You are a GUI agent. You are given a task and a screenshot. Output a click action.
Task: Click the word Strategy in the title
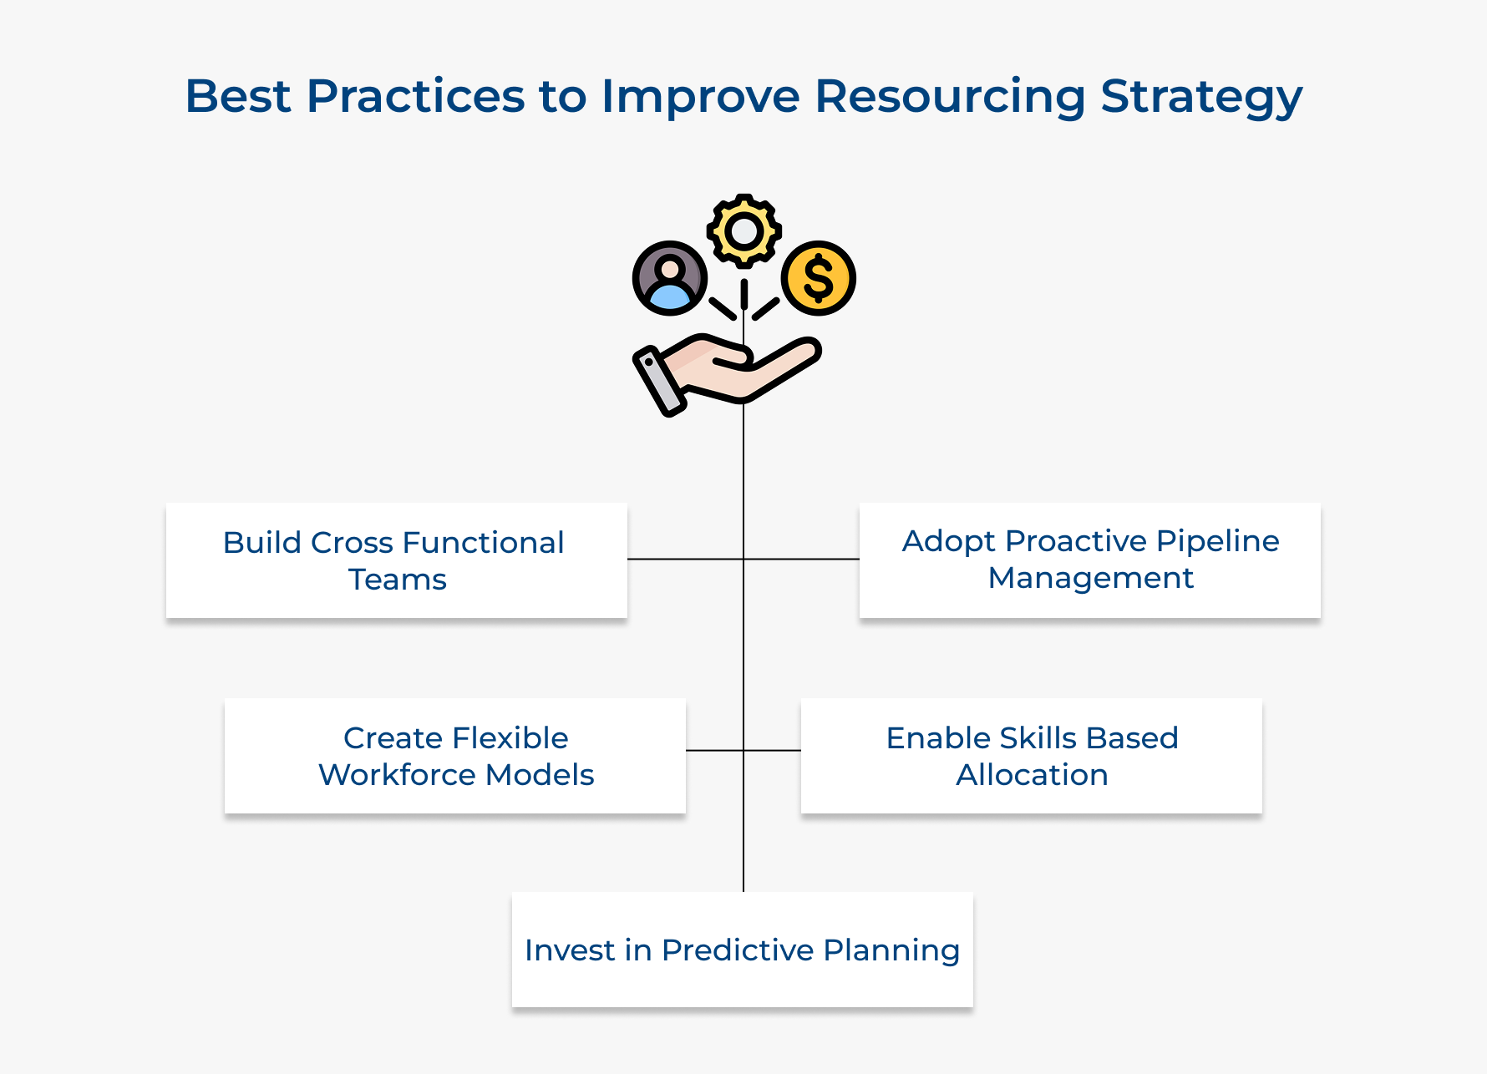(1200, 96)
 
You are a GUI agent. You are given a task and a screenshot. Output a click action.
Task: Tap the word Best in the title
(237, 96)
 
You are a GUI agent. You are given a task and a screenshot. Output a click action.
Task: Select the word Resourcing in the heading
(949, 96)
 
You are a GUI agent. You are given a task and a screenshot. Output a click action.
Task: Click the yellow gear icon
(743, 231)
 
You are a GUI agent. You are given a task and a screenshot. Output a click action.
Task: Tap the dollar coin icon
(818, 278)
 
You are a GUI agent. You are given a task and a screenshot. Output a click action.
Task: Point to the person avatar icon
(670, 278)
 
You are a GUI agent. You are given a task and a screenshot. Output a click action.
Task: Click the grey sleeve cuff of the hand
(660, 382)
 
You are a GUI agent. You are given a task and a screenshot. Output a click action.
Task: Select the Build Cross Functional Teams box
(396, 560)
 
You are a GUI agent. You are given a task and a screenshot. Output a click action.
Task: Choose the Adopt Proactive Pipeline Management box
(1089, 560)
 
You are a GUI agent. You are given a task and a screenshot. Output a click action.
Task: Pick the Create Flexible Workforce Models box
(454, 756)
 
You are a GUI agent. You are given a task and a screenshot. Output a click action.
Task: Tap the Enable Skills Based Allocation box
(1031, 756)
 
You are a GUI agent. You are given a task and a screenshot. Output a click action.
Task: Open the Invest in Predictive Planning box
(742, 950)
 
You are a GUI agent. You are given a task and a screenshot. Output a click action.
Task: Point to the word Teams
(398, 580)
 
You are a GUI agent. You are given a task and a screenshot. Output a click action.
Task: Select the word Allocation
(1032, 775)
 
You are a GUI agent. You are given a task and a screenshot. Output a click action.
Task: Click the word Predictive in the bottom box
(738, 950)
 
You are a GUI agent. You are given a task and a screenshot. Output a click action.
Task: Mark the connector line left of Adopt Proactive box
(802, 559)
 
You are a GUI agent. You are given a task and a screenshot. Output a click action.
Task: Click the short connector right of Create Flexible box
(714, 750)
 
